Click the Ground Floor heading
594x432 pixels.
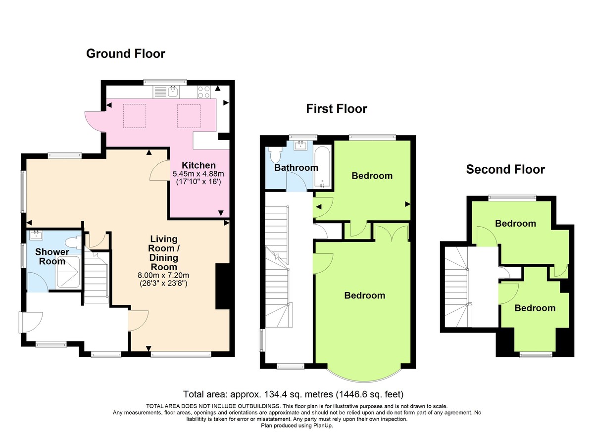pyautogui.click(x=125, y=53)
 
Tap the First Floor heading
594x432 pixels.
pyautogui.click(x=336, y=108)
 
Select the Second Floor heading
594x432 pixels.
pyautogui.click(x=505, y=170)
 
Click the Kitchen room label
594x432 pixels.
pyautogui.click(x=198, y=165)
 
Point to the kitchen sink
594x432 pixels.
pyautogui.click(x=173, y=91)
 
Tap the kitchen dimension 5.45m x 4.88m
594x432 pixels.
pyautogui.click(x=198, y=174)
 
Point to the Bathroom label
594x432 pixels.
pyautogui.click(x=296, y=168)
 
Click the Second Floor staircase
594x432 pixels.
pyautogui.click(x=457, y=288)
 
